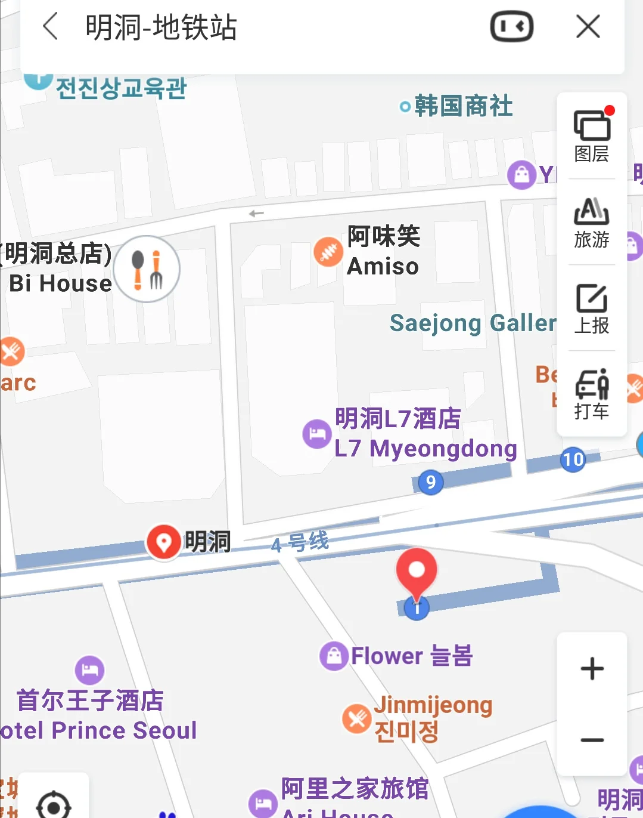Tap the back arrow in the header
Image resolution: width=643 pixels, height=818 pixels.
coord(51,27)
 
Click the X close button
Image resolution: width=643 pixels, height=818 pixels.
coord(588,27)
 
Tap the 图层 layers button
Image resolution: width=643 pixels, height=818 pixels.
coord(592,136)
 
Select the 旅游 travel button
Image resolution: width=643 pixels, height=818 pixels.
coord(592,222)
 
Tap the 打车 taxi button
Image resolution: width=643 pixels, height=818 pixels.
coord(592,394)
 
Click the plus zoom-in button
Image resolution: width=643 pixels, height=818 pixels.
coord(592,668)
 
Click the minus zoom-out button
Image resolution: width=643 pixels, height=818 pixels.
coord(592,740)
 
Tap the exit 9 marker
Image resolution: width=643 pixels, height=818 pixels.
coord(431,481)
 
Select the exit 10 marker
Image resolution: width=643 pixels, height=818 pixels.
coord(573,459)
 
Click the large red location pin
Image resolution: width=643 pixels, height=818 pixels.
coord(417,571)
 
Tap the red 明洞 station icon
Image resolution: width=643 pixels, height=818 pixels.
coord(164,542)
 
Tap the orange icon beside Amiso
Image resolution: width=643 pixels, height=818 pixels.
coord(328,252)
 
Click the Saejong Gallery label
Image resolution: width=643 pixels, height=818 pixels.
coord(473,323)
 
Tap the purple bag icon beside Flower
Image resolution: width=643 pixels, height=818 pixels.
coord(334,656)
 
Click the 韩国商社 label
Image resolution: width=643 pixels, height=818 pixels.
coord(463,106)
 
